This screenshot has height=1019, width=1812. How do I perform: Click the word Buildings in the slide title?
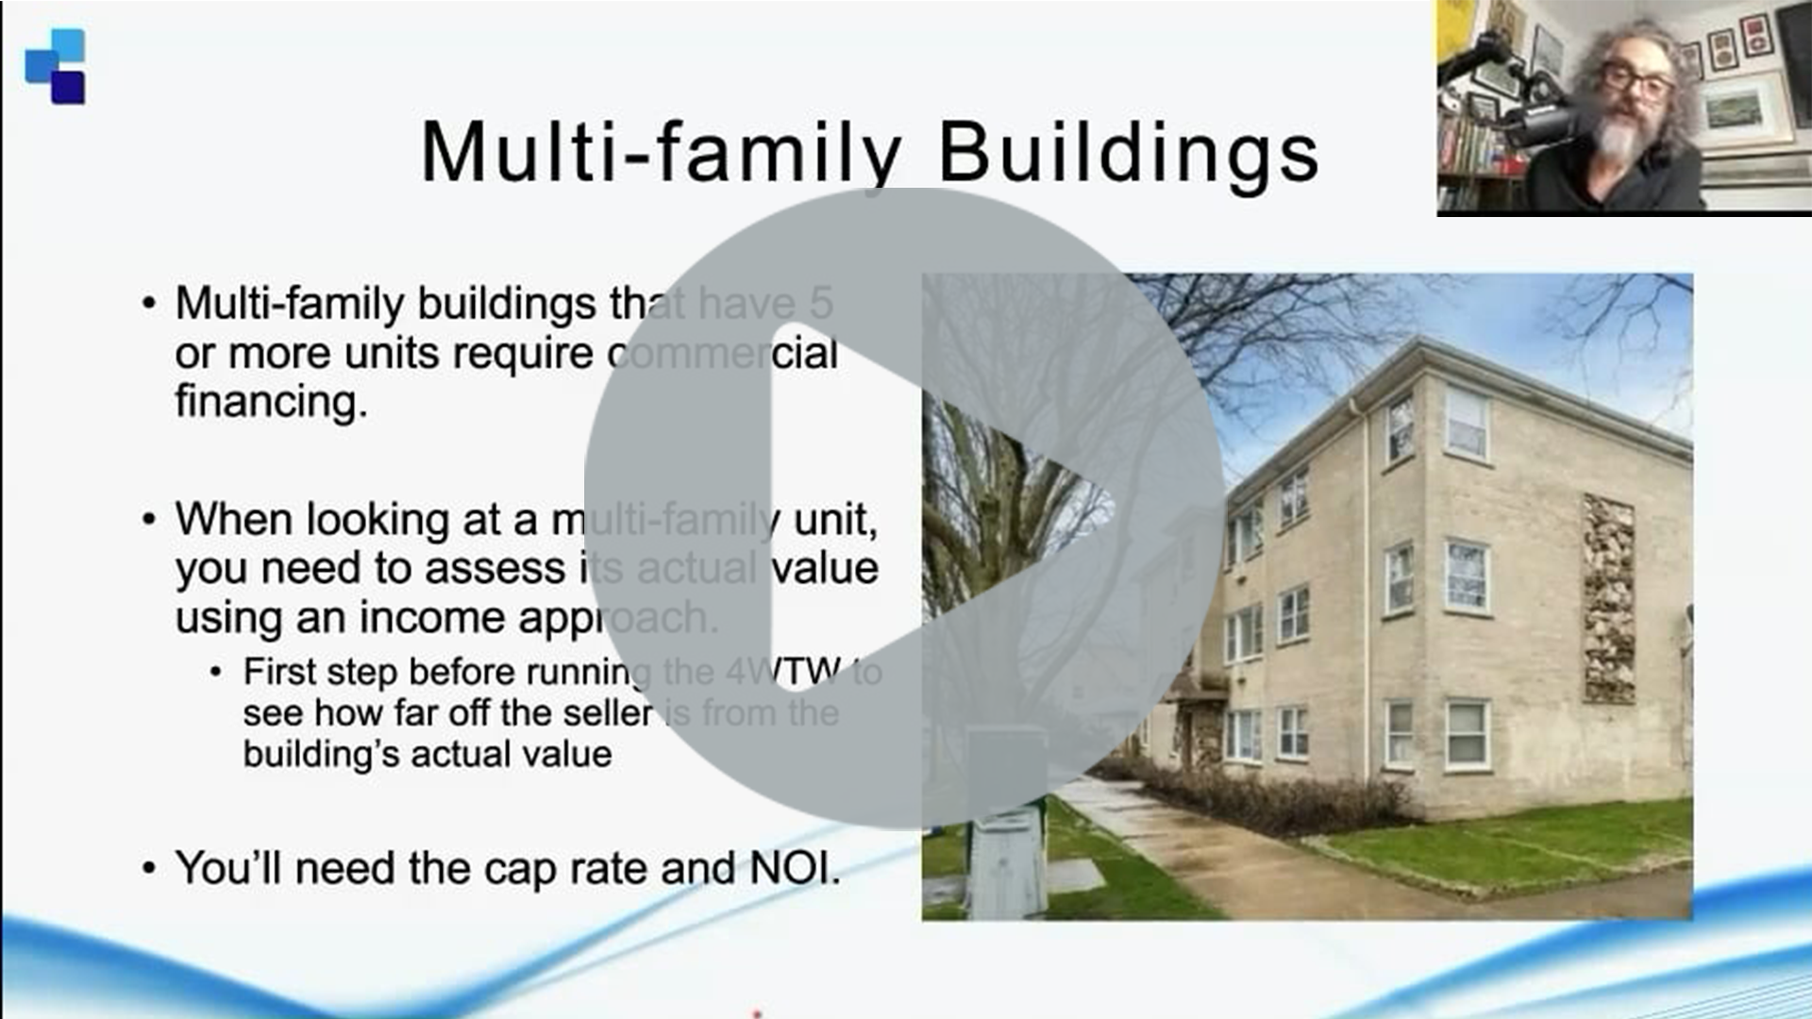(1129, 154)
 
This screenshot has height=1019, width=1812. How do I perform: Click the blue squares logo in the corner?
(55, 66)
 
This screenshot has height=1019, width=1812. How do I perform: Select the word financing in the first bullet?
(271, 402)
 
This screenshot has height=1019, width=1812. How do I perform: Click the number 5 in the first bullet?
(821, 304)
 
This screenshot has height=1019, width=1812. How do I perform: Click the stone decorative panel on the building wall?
(1608, 599)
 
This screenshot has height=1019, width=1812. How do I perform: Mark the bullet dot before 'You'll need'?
(148, 868)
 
